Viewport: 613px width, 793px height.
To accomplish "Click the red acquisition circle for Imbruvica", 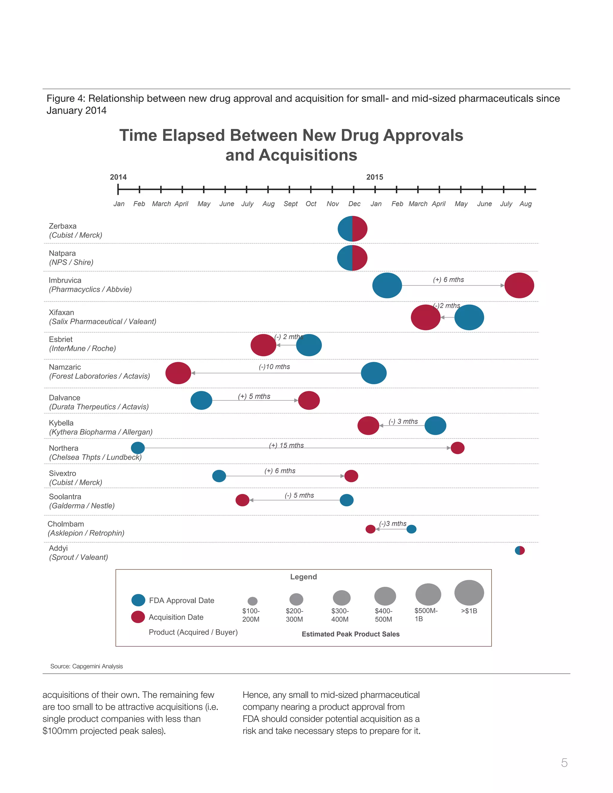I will tap(519, 285).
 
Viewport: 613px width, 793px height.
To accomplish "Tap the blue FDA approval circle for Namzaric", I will tap(374, 373).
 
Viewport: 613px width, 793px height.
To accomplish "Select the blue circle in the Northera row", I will tap(138, 448).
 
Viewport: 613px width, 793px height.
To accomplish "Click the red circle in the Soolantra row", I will tap(242, 500).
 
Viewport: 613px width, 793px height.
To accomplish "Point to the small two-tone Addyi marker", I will tap(520, 550).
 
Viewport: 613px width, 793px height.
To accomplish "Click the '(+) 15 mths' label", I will tap(286, 445).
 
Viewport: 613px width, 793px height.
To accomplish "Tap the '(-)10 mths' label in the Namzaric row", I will tap(274, 367).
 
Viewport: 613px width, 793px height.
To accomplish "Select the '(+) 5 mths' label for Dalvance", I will tap(254, 396).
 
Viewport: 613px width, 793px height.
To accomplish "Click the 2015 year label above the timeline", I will tap(374, 177).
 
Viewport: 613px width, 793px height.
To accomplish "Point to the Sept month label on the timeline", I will tap(291, 204).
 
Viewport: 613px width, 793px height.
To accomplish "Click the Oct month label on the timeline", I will tap(311, 204).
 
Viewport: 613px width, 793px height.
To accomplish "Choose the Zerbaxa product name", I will tap(63, 226).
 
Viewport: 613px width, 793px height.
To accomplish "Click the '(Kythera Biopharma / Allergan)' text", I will tap(101, 432).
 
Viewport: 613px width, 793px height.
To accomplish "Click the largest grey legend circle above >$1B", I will tap(469, 593).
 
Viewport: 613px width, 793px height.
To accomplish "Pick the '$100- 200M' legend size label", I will tap(251, 615).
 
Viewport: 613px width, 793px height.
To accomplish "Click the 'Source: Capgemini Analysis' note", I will tap(87, 666).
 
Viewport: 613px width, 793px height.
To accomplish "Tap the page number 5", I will tap(564, 762).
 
